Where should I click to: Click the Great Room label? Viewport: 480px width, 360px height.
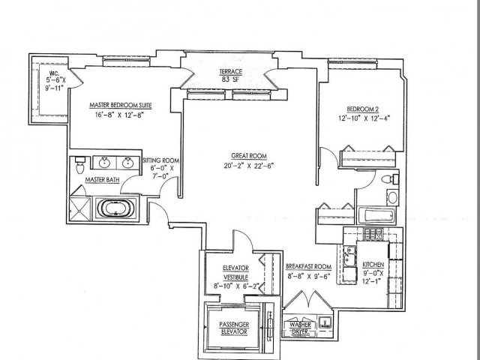249,156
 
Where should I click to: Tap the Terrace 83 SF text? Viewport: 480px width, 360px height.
230,75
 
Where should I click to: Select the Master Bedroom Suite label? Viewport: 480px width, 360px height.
120,105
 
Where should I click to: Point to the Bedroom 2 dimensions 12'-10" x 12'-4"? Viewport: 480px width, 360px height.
364,118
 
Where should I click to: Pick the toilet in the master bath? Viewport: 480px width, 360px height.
80,165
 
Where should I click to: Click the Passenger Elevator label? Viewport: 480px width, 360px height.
234,328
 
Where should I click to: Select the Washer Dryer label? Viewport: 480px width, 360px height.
300,328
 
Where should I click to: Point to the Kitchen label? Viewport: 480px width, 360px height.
373,265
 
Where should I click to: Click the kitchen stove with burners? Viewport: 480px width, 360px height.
373,235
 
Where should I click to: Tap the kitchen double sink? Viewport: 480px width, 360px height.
349,256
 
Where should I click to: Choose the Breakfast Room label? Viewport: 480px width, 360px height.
308,267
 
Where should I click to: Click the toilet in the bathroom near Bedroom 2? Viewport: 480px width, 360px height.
390,179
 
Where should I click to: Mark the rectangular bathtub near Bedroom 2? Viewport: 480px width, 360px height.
376,215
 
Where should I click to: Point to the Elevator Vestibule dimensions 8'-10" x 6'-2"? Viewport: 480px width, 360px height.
236,286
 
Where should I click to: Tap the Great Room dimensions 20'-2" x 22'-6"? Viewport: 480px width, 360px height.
248,166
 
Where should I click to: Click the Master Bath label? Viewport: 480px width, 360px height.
102,180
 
